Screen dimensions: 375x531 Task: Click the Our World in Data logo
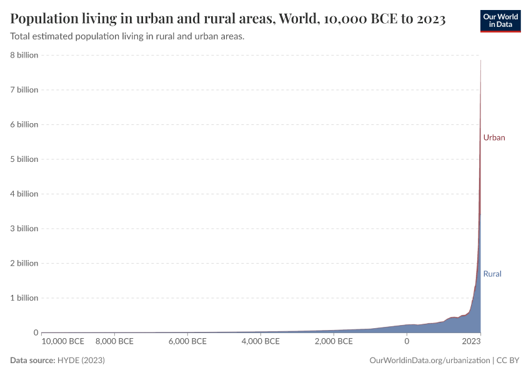click(500, 21)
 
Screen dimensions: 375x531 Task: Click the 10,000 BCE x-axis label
click(63, 341)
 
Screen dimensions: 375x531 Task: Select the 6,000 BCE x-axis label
click(187, 341)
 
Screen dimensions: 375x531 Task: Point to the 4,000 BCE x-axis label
click(261, 341)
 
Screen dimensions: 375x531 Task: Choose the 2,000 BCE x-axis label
click(334, 341)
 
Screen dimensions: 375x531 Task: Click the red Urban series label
click(494, 137)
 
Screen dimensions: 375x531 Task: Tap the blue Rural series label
click(492, 274)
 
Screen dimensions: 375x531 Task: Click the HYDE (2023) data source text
click(81, 361)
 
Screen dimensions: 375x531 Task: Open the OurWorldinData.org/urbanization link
click(430, 361)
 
